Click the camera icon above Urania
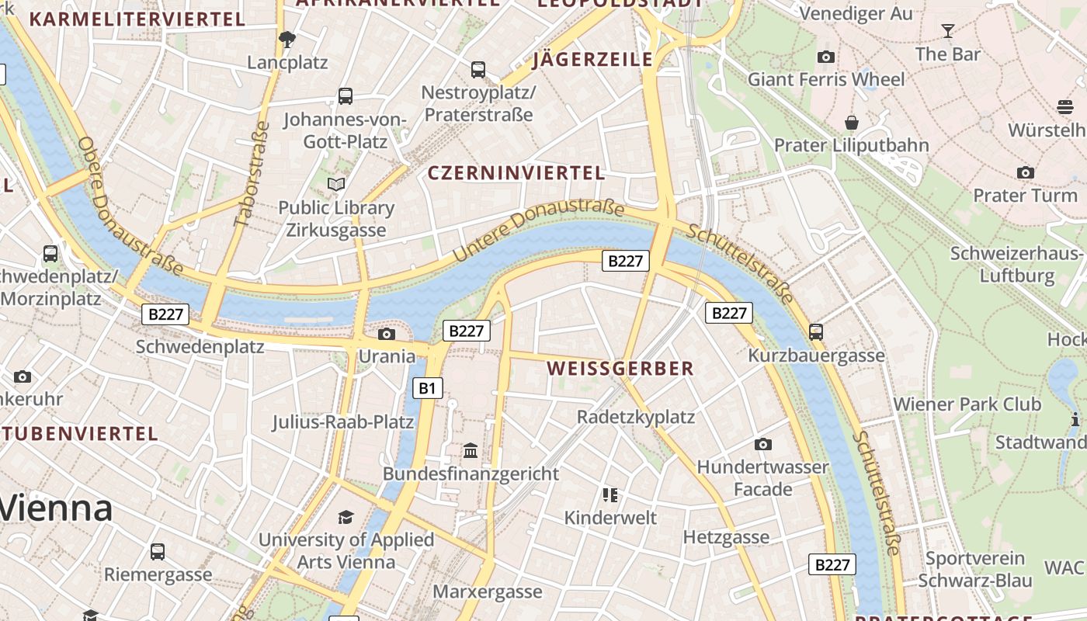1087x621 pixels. click(386, 334)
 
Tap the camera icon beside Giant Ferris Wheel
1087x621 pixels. click(826, 57)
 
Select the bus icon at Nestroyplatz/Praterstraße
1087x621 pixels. click(478, 70)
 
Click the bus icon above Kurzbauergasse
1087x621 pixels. click(816, 331)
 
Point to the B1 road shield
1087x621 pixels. click(427, 388)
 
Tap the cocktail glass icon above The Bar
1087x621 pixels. click(947, 31)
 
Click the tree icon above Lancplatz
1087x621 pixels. click(287, 39)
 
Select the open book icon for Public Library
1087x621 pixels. click(336, 184)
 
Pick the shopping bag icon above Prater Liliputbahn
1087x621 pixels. click(852, 123)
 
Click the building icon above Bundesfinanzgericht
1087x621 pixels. click(471, 450)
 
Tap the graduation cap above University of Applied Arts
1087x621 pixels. click(346, 517)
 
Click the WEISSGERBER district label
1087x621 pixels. click(620, 369)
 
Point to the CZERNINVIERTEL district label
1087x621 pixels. click(516, 173)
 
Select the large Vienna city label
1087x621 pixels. click(57, 508)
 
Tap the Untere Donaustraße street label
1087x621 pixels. click(538, 230)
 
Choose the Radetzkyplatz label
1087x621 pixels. click(636, 417)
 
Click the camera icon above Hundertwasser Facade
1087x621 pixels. click(763, 444)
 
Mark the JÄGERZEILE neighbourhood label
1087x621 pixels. click(593, 60)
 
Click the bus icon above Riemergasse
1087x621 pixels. click(158, 551)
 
